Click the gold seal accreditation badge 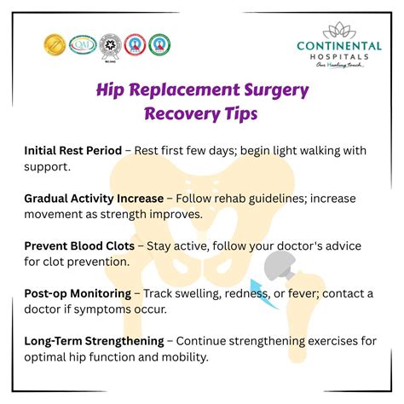[55, 44]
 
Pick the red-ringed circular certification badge [133, 44]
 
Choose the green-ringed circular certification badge [159, 44]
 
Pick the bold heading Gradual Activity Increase [94, 199]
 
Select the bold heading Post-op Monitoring [78, 294]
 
